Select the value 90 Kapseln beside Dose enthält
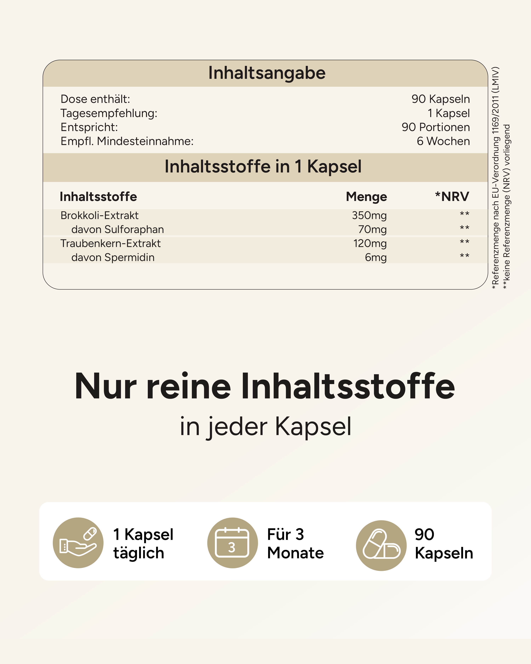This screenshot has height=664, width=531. click(x=441, y=99)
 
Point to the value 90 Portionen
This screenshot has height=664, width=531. click(x=436, y=127)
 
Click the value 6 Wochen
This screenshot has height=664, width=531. click(x=443, y=141)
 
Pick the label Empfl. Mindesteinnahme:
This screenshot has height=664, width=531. click(x=127, y=141)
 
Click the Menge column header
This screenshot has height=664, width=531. click(x=366, y=197)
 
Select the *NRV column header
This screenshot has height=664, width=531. click(x=452, y=197)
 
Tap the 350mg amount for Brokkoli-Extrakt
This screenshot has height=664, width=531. click(x=369, y=215)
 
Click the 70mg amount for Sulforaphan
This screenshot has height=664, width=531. click(x=372, y=229)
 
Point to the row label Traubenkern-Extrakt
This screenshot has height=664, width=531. click(x=110, y=243)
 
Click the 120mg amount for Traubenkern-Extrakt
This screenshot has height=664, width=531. click(x=370, y=243)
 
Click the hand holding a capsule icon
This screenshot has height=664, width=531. click(x=78, y=543)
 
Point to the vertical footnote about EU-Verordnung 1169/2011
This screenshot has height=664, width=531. click(x=495, y=178)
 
